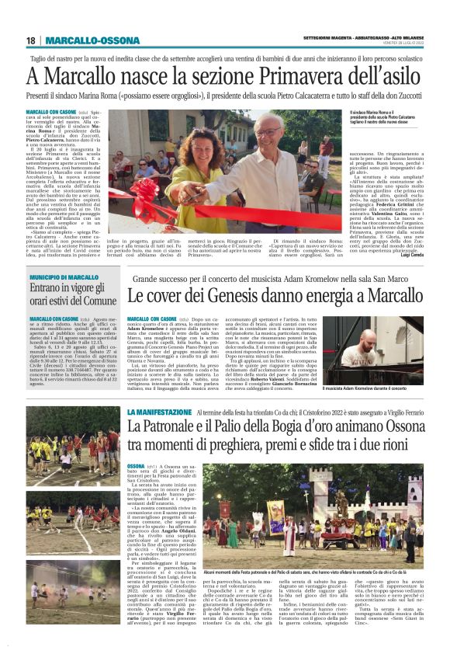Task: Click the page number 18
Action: [30, 40]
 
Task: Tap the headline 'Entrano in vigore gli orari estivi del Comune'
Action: [63, 295]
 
